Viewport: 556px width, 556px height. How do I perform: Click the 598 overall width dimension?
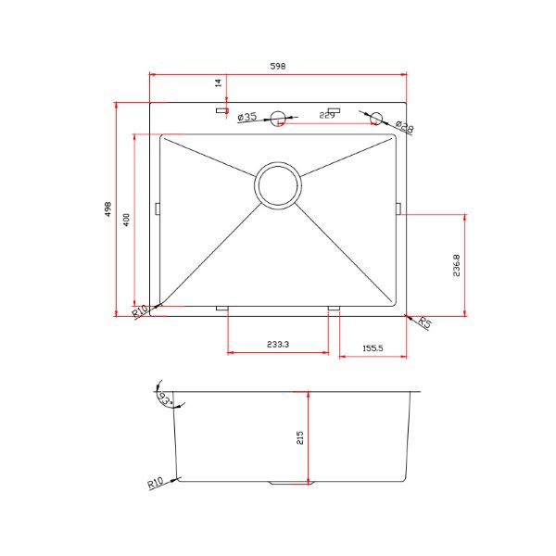pyautogui.click(x=278, y=66)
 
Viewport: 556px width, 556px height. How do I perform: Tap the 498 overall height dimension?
pyautogui.click(x=108, y=208)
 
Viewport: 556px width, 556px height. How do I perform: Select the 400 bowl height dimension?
pyautogui.click(x=126, y=220)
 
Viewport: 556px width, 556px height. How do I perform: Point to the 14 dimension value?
pyautogui.click(x=219, y=83)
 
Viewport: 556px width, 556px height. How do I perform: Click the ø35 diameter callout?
pyautogui.click(x=247, y=117)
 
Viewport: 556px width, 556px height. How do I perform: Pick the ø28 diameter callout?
pyautogui.click(x=405, y=127)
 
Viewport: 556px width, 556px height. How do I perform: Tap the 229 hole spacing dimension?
pyautogui.click(x=326, y=116)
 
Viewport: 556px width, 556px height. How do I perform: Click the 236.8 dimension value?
pyautogui.click(x=456, y=265)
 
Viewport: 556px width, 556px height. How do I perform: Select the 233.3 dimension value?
pyautogui.click(x=278, y=344)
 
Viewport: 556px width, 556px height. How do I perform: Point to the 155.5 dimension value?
pyautogui.click(x=373, y=348)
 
